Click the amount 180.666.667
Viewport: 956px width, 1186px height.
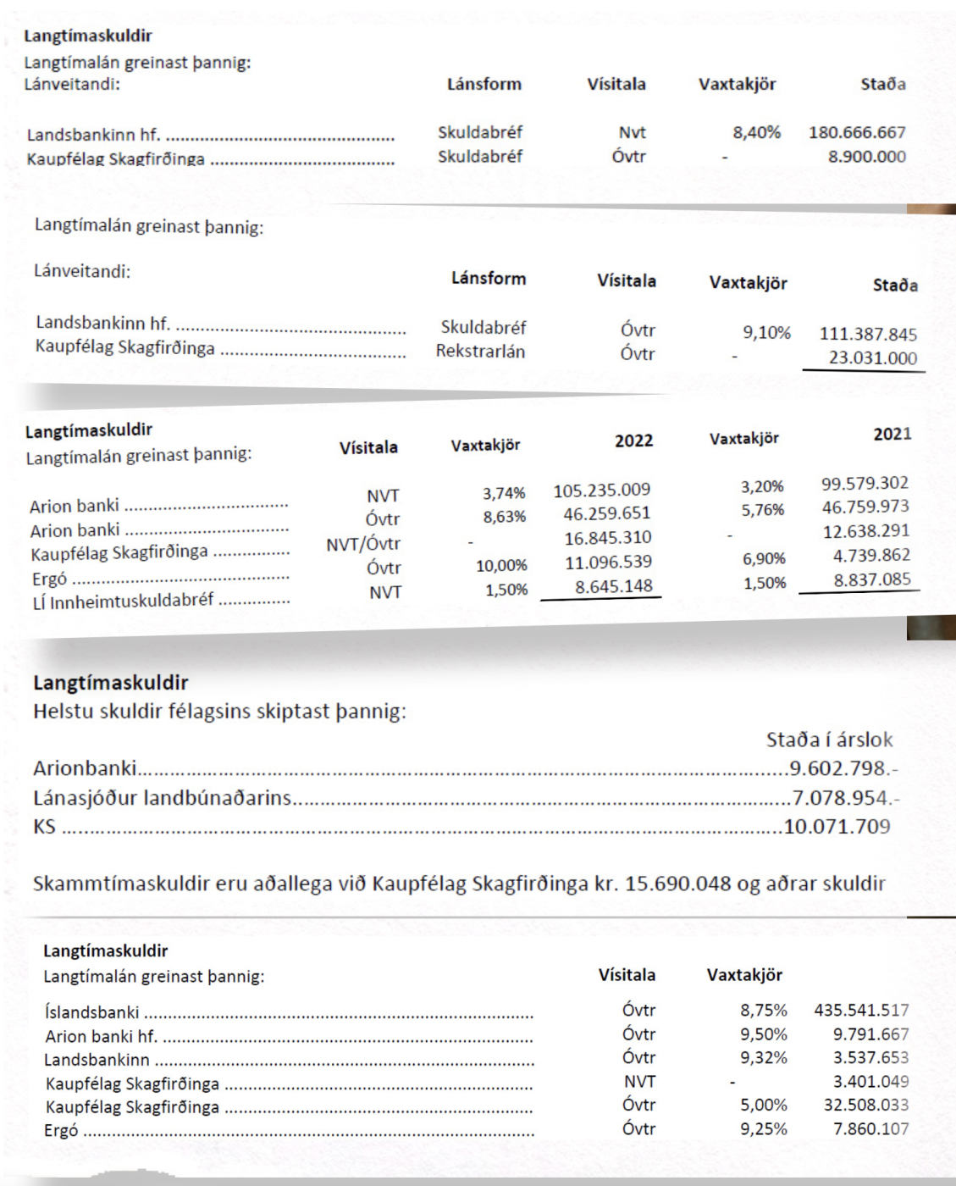[857, 132]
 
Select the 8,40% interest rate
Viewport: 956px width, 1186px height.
[756, 132]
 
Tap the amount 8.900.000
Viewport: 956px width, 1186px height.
[866, 156]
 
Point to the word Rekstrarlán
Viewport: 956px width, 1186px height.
[480, 351]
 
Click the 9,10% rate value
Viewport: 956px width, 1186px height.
[766, 332]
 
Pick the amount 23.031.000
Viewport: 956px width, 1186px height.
[872, 357]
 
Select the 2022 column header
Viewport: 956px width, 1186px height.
[633, 441]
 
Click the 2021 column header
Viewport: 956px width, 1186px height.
[892, 434]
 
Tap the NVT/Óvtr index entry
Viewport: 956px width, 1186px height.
[363, 544]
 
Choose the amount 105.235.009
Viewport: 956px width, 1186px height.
[601, 490]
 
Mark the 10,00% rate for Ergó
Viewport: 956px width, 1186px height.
[501, 565]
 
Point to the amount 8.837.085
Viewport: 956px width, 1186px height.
[872, 580]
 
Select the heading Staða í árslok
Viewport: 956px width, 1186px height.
[829, 740]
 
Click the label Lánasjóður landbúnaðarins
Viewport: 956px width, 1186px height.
[162, 797]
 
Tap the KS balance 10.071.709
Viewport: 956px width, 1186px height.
[837, 826]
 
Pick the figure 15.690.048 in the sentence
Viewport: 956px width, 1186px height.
[677, 884]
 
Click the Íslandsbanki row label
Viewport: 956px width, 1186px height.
[92, 1011]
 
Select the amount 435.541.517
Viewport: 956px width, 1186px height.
[861, 1010]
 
